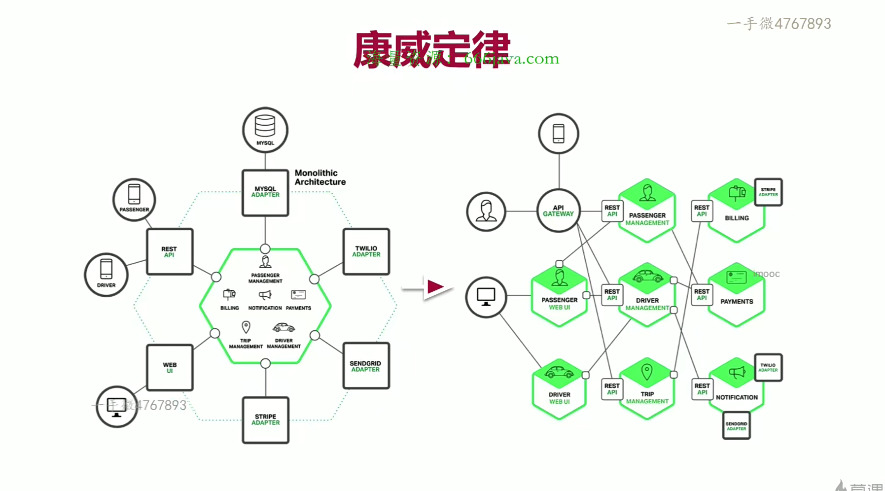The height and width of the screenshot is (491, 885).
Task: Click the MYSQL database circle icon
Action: pyautogui.click(x=265, y=130)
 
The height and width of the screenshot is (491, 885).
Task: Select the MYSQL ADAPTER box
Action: pyautogui.click(x=265, y=193)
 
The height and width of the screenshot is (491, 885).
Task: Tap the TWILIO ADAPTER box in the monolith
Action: pyautogui.click(x=366, y=251)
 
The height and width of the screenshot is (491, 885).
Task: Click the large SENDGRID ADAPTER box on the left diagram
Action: pyautogui.click(x=366, y=366)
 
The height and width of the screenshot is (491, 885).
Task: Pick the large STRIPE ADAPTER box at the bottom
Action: pyautogui.click(x=266, y=420)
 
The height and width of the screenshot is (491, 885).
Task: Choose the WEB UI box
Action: pyautogui.click(x=170, y=368)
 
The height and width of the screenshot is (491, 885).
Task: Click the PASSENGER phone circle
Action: pyautogui.click(x=134, y=200)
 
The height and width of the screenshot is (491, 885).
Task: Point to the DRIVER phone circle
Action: pyautogui.click(x=106, y=275)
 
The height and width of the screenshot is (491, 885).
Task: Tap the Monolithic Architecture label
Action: pyautogui.click(x=320, y=177)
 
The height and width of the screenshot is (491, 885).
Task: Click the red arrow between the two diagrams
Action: pyautogui.click(x=434, y=287)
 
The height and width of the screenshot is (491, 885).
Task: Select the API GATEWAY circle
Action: pyautogui.click(x=558, y=211)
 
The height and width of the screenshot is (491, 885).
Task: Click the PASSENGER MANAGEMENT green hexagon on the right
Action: pyautogui.click(x=647, y=211)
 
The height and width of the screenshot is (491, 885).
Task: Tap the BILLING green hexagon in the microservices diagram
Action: pyautogui.click(x=737, y=211)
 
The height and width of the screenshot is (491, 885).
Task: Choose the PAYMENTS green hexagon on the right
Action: pyautogui.click(x=737, y=295)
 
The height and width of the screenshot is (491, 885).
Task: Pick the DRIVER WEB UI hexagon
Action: pyautogui.click(x=559, y=389)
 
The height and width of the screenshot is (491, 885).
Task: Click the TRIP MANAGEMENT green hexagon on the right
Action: pyautogui.click(x=647, y=389)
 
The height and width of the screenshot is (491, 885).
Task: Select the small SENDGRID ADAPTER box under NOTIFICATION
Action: pyautogui.click(x=736, y=426)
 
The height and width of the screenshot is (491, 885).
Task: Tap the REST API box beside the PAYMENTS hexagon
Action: pyautogui.click(x=702, y=295)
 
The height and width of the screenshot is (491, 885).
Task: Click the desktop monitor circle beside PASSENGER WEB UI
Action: pyautogui.click(x=486, y=297)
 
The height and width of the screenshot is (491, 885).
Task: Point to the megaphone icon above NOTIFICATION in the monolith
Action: pyautogui.click(x=265, y=295)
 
